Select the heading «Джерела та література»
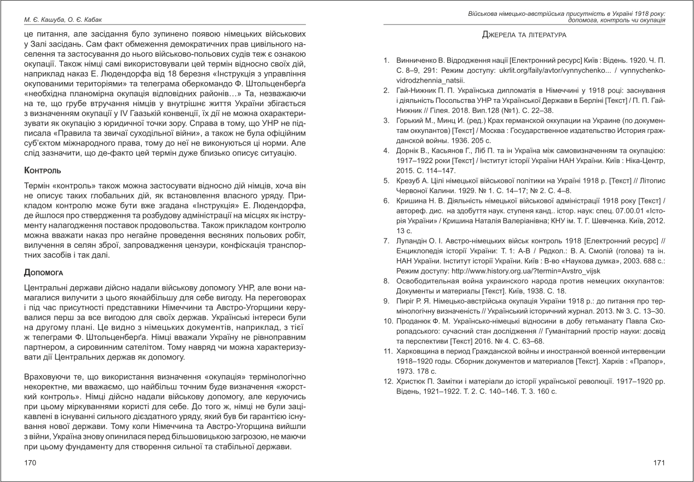524,35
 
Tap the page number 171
659,463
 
